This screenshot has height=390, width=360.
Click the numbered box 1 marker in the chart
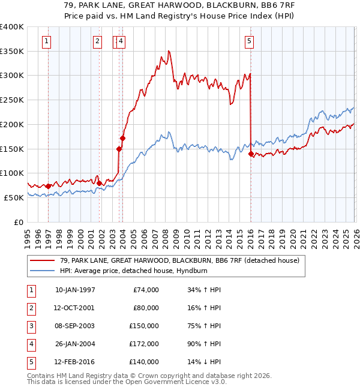(x=47, y=41)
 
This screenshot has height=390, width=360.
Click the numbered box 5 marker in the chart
(x=249, y=41)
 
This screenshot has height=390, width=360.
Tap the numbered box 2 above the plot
(x=97, y=41)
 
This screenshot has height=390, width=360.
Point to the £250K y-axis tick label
(x=12, y=100)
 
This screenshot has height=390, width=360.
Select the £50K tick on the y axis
(x=14, y=197)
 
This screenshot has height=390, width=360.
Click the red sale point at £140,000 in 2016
(x=250, y=154)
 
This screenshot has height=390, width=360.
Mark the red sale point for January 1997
(x=48, y=186)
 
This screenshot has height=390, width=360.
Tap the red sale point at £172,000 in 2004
(x=122, y=138)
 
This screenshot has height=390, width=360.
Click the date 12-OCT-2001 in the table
(x=75, y=308)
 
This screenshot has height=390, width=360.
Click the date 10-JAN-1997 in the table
(x=75, y=290)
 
